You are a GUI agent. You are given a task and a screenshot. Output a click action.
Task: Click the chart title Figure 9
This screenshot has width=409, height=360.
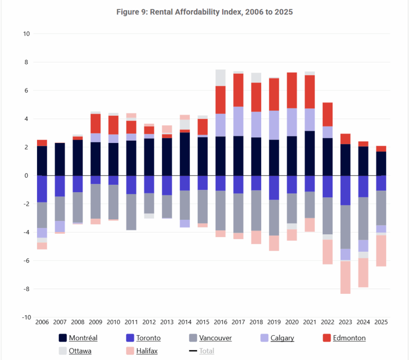204,12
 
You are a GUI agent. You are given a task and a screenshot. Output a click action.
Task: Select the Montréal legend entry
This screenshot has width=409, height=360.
83,338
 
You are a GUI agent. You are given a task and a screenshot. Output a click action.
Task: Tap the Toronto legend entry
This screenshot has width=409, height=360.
148,338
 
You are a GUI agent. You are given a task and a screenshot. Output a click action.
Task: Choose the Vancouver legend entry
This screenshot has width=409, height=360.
215,338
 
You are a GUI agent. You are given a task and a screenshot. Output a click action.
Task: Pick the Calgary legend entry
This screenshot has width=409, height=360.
282,338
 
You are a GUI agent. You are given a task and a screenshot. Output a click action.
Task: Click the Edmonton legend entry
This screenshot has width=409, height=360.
349,338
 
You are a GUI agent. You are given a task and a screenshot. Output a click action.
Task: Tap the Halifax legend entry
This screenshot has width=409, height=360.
147,351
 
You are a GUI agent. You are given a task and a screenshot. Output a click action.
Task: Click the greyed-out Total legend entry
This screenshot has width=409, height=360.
206,351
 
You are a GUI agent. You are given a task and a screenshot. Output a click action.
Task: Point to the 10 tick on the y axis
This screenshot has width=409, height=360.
26,34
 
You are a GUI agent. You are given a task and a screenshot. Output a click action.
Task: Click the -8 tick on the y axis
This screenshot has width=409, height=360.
26,289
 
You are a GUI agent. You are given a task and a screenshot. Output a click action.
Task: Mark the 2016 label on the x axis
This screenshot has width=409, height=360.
220,322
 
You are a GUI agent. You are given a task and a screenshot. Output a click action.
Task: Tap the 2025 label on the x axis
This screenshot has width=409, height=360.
380,322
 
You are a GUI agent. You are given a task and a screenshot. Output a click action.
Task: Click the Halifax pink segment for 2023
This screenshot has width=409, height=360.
345,277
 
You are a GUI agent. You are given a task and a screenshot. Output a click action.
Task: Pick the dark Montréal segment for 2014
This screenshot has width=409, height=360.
184,154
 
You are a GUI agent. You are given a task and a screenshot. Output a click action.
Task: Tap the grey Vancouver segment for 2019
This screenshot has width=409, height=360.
273,217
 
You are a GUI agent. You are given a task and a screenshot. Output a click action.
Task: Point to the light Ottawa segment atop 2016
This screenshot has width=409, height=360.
220,78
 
